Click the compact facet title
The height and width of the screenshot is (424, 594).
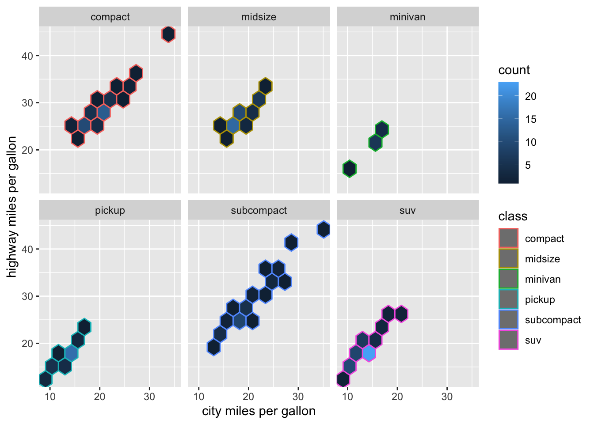[x=110, y=17]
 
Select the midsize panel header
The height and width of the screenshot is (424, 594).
[x=259, y=17]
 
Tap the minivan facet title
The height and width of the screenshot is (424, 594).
[x=407, y=17]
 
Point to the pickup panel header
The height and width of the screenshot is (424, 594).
[x=110, y=211]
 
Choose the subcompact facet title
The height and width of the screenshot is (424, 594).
[x=259, y=211]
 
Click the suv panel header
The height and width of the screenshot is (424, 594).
[x=407, y=211]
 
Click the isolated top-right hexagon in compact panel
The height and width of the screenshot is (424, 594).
[x=168, y=34]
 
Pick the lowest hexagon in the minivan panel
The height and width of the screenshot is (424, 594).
[x=350, y=169]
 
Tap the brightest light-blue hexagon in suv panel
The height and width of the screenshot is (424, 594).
[x=369, y=353]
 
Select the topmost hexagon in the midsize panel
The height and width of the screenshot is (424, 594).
[x=265, y=86]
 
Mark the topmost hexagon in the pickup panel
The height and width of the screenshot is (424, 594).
[x=84, y=327]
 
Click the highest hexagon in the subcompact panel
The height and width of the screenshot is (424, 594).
[x=324, y=229]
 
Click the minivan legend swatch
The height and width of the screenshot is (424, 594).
[x=508, y=279]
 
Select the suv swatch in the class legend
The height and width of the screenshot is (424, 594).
[x=508, y=340]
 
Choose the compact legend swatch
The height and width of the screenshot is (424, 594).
[x=508, y=238]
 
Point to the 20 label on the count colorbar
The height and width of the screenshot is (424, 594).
[x=530, y=96]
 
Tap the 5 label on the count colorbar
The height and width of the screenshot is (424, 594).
[x=528, y=165]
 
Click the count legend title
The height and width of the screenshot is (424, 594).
[x=514, y=70]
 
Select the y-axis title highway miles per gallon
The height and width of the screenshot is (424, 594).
[x=12, y=207]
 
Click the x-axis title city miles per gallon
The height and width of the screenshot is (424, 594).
[x=259, y=411]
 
